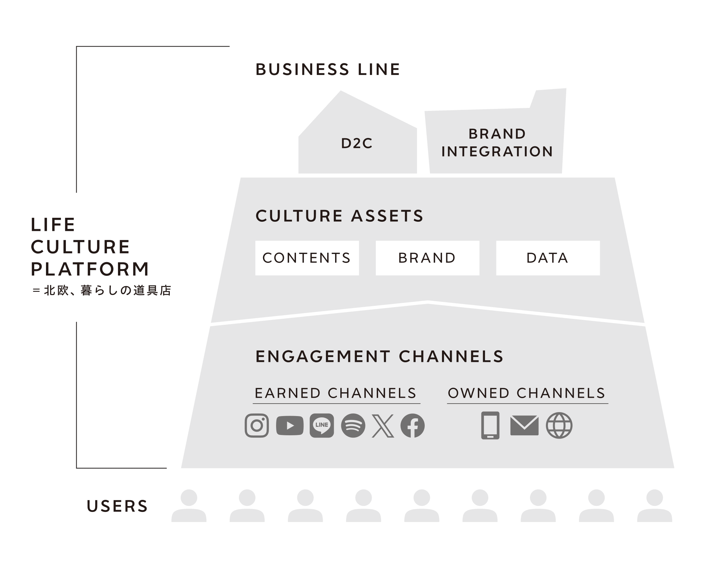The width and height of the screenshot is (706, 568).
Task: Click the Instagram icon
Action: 257,426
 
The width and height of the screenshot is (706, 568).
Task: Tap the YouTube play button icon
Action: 290,426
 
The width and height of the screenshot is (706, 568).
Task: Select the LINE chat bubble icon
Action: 322,426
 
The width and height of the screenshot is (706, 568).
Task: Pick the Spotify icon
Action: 353,426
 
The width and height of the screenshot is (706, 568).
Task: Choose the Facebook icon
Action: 413,426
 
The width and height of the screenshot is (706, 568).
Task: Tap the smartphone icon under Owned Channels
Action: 490,426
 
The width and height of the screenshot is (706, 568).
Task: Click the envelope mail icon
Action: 524,426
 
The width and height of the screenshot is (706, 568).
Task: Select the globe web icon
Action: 559,426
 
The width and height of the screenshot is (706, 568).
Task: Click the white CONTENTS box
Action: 307,258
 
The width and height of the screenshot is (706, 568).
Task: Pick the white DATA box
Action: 548,258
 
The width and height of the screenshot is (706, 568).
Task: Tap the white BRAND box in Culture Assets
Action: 428,258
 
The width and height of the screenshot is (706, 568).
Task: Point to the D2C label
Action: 357,143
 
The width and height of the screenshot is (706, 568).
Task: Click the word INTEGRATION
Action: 497,152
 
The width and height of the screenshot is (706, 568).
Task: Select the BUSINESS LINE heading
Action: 328,69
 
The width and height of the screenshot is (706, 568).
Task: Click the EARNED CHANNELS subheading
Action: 336,393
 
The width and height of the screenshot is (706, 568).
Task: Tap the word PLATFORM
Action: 90,269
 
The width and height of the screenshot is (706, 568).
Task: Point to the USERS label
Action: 117,506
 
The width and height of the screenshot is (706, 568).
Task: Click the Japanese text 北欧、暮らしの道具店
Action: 108,291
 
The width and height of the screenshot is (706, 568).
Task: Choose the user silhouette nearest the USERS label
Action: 189,506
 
